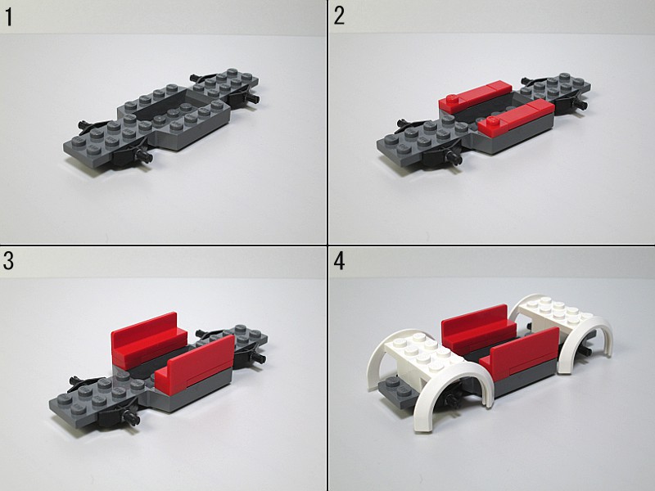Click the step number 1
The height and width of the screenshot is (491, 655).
click(8, 17)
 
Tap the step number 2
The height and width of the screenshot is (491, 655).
click(339, 16)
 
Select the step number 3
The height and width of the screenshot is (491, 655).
click(8, 261)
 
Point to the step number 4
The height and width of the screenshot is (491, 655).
click(339, 261)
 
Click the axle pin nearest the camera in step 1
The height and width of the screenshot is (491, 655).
click(145, 155)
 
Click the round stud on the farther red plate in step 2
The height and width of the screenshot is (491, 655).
click(451, 100)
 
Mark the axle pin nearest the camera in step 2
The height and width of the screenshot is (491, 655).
click(455, 158)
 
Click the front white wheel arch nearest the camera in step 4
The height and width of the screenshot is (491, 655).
click(447, 388)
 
